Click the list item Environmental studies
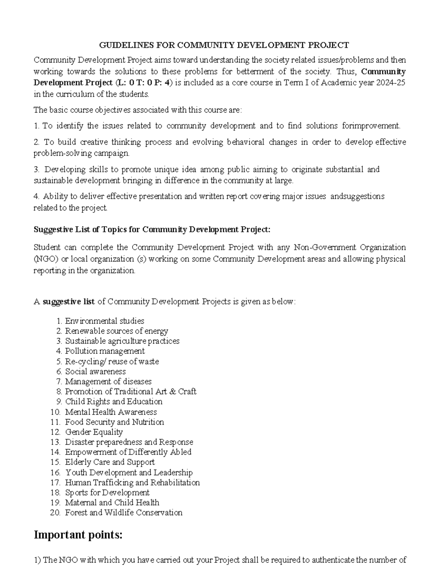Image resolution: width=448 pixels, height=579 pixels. tap(105, 321)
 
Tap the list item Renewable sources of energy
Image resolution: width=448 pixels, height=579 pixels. tap(116, 331)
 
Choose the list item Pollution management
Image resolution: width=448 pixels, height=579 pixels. tap(105, 351)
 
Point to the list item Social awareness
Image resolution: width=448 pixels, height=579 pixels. tap(95, 372)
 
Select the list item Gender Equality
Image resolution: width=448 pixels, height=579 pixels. tap(94, 432)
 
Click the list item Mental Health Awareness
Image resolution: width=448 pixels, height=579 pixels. tap(111, 412)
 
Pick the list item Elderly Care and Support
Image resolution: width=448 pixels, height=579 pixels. tap(110, 462)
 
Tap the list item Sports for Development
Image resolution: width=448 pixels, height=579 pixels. tap(107, 493)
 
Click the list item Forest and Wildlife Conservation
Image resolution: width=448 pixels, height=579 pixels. tap(124, 513)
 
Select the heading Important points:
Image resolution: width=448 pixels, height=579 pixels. tap(78, 535)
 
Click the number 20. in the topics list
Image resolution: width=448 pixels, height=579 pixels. tap(55, 513)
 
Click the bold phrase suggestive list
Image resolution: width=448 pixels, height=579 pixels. tap(69, 302)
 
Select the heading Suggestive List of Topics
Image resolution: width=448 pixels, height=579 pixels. tap(152, 230)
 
